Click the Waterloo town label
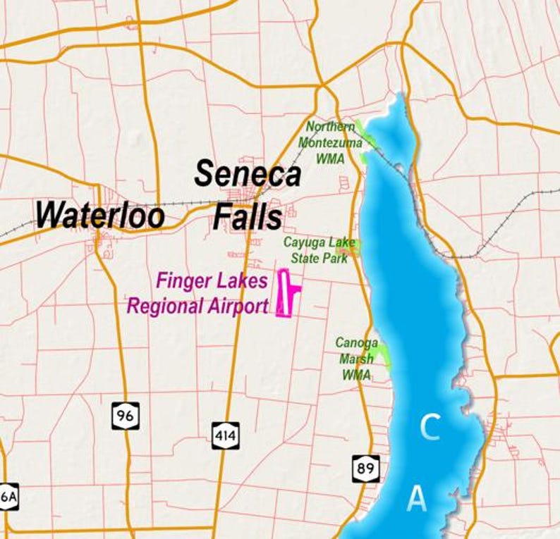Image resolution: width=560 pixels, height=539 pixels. click(x=100, y=214)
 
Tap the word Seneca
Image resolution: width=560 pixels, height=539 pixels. click(x=248, y=174)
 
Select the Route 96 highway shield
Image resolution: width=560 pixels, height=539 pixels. click(x=125, y=415)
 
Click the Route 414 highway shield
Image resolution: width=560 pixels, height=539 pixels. click(x=226, y=435)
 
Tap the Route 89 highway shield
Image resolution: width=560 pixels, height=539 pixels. click(x=365, y=467)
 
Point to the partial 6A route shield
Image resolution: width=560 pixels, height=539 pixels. click(x=8, y=496)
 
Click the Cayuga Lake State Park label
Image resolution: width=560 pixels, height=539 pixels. click(x=320, y=250)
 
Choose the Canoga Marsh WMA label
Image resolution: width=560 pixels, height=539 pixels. click(x=357, y=359)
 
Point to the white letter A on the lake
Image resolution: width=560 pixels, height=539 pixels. click(x=418, y=499)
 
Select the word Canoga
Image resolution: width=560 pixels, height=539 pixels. click(x=357, y=343)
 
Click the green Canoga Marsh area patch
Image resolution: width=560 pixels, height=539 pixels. click(x=383, y=354)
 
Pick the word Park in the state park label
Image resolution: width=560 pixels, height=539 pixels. click(x=336, y=258)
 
